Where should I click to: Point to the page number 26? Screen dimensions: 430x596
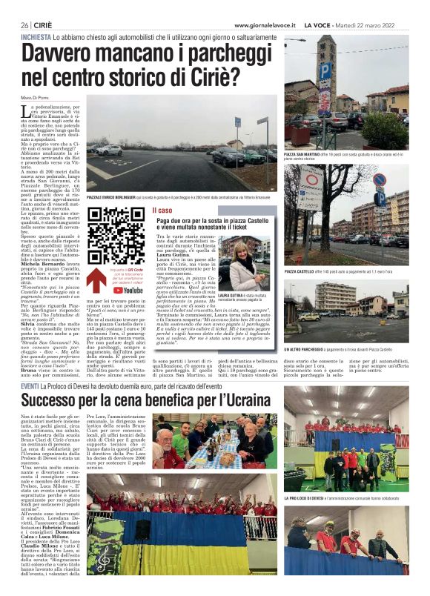tap(25, 25)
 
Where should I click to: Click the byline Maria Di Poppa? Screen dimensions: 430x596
tap(36, 92)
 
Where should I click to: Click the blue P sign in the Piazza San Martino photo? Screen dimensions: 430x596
tap(325, 72)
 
